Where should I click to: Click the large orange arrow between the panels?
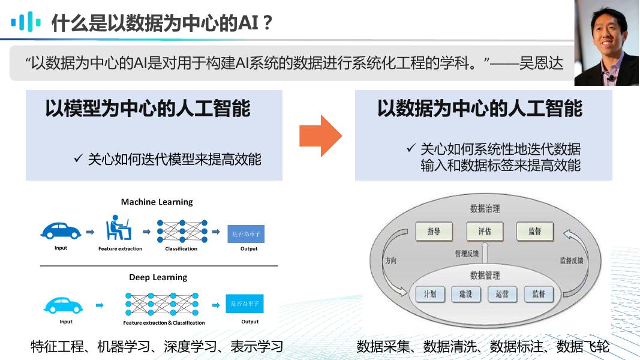point(320,136)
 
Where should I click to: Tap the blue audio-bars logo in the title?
point(26,22)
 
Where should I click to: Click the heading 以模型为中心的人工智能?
point(148,109)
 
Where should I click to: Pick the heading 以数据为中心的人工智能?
point(480,109)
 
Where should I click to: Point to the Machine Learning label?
point(157,202)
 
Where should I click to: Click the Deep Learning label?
point(158,277)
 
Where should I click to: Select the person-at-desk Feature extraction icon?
point(119,229)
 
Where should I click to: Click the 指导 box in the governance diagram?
point(434,231)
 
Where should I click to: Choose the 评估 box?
point(485,231)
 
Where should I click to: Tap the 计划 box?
point(430,294)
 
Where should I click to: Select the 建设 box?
point(466,294)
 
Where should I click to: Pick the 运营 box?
point(502,294)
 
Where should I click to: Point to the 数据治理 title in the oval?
point(485,209)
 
